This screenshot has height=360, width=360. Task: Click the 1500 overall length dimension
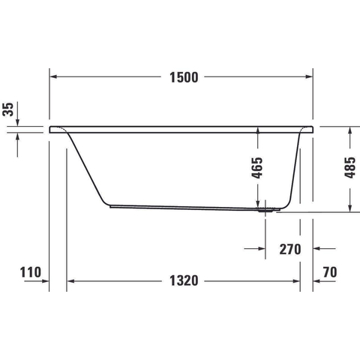tap(184, 77)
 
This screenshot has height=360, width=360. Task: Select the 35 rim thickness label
tap(8, 109)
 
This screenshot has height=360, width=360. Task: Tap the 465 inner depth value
tap(257, 168)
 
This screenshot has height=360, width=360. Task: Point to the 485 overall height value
tap(349, 168)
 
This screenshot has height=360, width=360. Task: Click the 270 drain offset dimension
tap(290, 249)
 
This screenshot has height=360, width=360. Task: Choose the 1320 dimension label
tap(184, 280)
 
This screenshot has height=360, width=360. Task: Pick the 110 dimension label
tap(31, 272)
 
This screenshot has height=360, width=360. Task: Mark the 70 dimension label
tap(330, 272)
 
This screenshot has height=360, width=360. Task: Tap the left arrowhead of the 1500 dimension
tap(53, 76)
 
